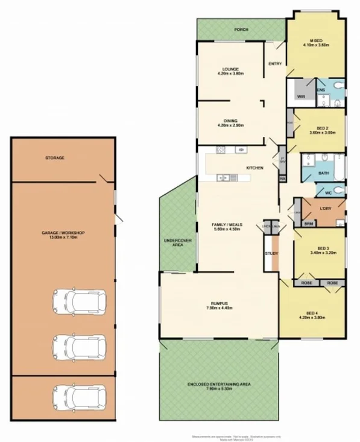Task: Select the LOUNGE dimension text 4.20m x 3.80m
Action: (230, 74)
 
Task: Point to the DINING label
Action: (230, 120)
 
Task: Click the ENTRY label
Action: (274, 64)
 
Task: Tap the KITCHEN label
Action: (253, 167)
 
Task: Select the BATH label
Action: (323, 174)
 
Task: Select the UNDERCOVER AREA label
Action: (177, 243)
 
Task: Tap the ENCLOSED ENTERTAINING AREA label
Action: (218, 384)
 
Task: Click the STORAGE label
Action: (55, 158)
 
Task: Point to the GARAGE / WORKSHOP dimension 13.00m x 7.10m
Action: (63, 237)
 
